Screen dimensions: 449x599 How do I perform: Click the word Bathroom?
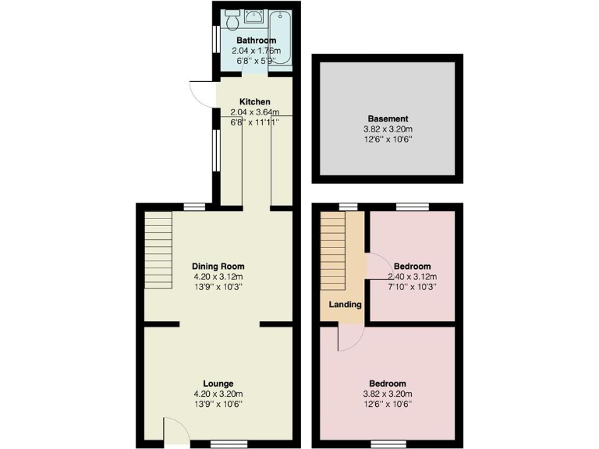pos(256,41)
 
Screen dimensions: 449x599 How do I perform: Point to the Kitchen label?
pos(255,102)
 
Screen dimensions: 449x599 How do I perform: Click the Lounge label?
pos(218,384)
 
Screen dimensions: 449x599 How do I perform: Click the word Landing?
pos(344,305)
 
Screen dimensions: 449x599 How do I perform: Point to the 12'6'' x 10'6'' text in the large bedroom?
pos(388,404)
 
